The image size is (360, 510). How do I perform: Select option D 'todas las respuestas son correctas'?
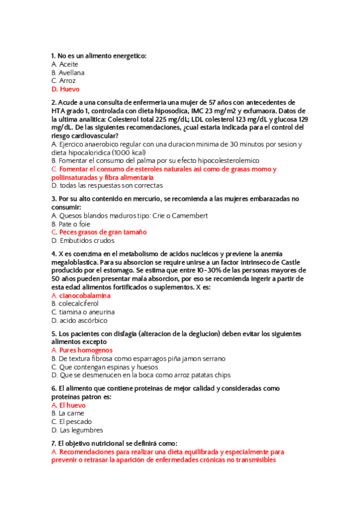click(x=107, y=186)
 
